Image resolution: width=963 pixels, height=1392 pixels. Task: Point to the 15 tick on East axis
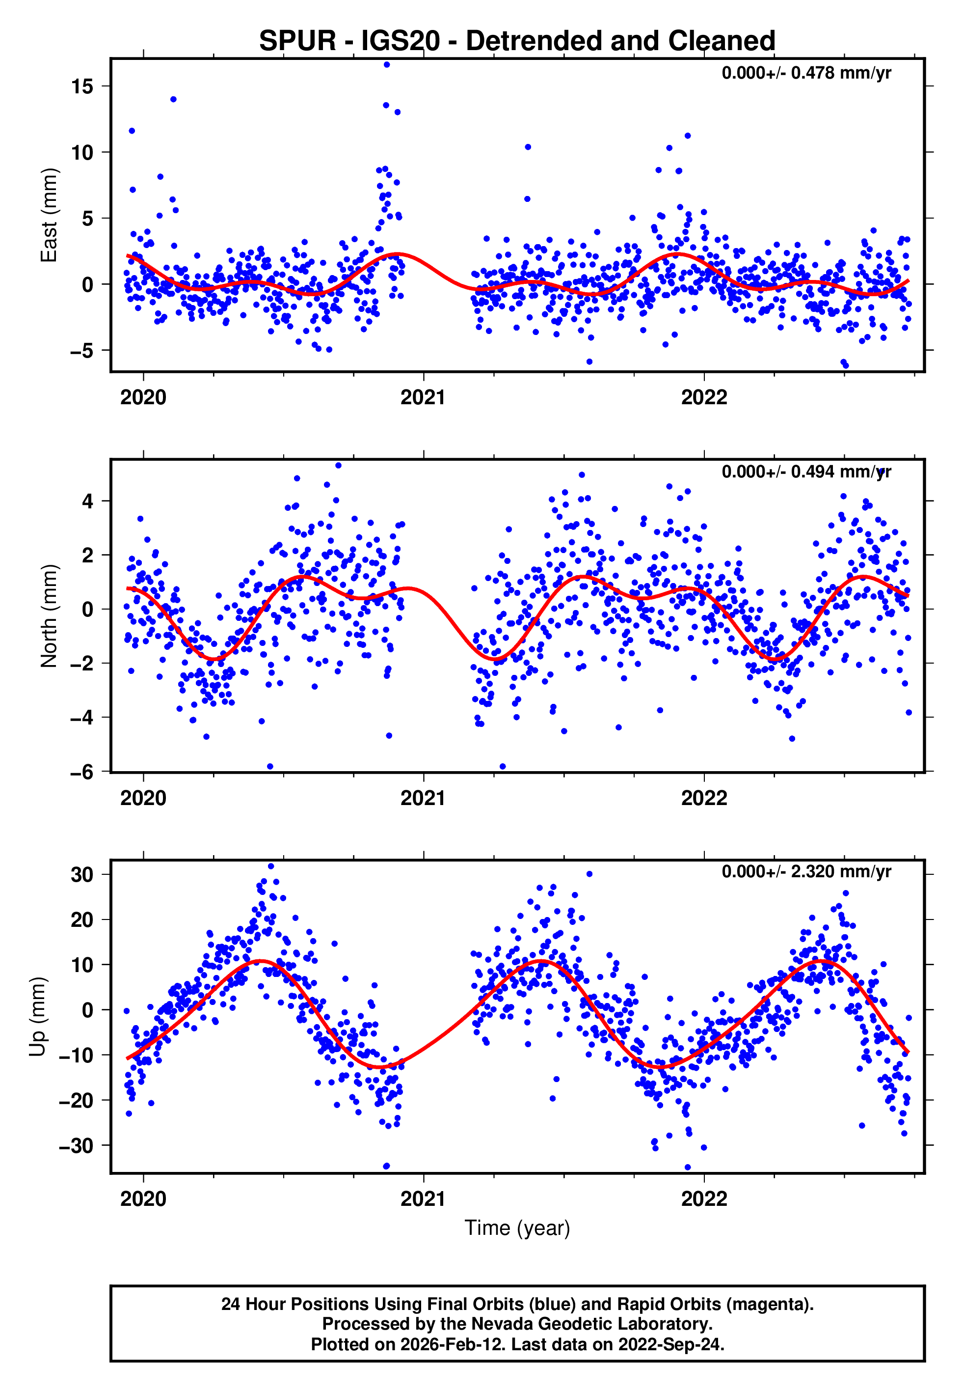pyautogui.click(x=82, y=86)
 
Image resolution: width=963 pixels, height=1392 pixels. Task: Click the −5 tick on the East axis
pyautogui.click(x=81, y=351)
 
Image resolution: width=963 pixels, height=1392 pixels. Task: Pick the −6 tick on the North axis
pyautogui.click(x=81, y=772)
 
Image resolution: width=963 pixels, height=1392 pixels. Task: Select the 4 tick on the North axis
pyautogui.click(x=88, y=501)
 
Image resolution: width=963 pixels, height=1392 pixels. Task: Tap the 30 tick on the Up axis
pyautogui.click(x=82, y=875)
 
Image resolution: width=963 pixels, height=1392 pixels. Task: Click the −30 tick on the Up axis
pyautogui.click(x=76, y=1146)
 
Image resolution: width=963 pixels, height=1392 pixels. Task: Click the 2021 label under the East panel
pyautogui.click(x=423, y=398)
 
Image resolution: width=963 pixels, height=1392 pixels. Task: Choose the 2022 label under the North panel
pyautogui.click(x=704, y=799)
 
